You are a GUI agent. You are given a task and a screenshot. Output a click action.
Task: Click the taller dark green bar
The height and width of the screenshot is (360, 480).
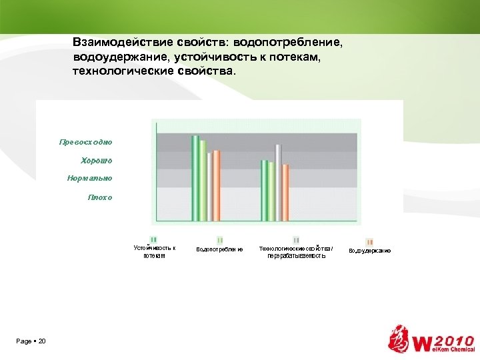[x=195, y=177]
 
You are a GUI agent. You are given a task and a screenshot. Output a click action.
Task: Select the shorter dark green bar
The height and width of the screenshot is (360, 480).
[x=264, y=190]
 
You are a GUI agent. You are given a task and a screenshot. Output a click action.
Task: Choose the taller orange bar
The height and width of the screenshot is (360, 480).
[x=216, y=185]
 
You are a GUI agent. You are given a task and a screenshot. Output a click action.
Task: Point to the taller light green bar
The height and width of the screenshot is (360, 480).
[x=203, y=180]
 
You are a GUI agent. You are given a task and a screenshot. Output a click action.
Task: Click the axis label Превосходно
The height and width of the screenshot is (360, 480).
[x=86, y=142]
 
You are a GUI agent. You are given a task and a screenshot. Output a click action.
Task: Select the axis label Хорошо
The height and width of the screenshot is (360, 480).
[x=97, y=161]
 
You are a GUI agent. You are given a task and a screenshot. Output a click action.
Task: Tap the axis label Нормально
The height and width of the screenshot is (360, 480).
[x=90, y=179]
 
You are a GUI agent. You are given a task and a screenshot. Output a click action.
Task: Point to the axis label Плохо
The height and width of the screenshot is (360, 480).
[x=100, y=197]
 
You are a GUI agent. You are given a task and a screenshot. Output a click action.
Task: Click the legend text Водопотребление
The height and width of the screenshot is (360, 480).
[x=219, y=250]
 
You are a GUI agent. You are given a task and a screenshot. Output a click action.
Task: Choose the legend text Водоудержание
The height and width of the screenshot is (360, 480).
[x=369, y=251]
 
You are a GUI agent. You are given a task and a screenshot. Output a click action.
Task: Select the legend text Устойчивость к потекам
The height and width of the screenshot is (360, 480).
[x=154, y=251]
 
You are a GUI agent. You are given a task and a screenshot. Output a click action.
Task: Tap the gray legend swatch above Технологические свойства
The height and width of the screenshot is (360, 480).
[x=295, y=240]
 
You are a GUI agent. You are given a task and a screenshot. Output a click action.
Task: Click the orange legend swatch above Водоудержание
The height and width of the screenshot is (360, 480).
[x=369, y=241]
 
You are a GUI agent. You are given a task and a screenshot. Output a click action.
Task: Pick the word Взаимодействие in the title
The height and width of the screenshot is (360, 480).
[x=117, y=42]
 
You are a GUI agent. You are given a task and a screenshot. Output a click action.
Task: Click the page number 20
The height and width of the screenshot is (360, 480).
[x=42, y=341]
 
